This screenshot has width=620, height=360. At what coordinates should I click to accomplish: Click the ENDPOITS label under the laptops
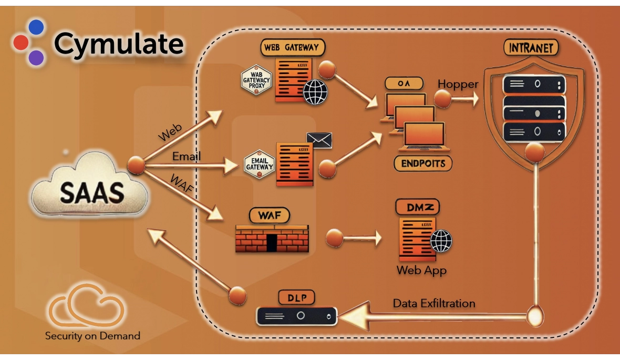[x=423, y=163]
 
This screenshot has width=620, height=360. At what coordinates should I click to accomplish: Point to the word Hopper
[x=458, y=84]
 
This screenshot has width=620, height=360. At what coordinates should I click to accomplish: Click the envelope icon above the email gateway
[x=319, y=139]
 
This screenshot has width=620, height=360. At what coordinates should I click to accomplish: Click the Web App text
[x=421, y=270]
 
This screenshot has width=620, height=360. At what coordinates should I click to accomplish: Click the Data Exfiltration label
[x=434, y=303]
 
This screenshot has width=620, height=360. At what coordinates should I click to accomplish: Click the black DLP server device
[x=297, y=316]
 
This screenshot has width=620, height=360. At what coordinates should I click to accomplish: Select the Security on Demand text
[x=92, y=335]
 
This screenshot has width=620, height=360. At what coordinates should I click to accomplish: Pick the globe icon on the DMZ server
[x=441, y=241]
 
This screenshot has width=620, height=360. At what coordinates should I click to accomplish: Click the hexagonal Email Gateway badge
[x=260, y=162]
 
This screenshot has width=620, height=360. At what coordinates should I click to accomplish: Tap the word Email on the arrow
[x=187, y=157]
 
